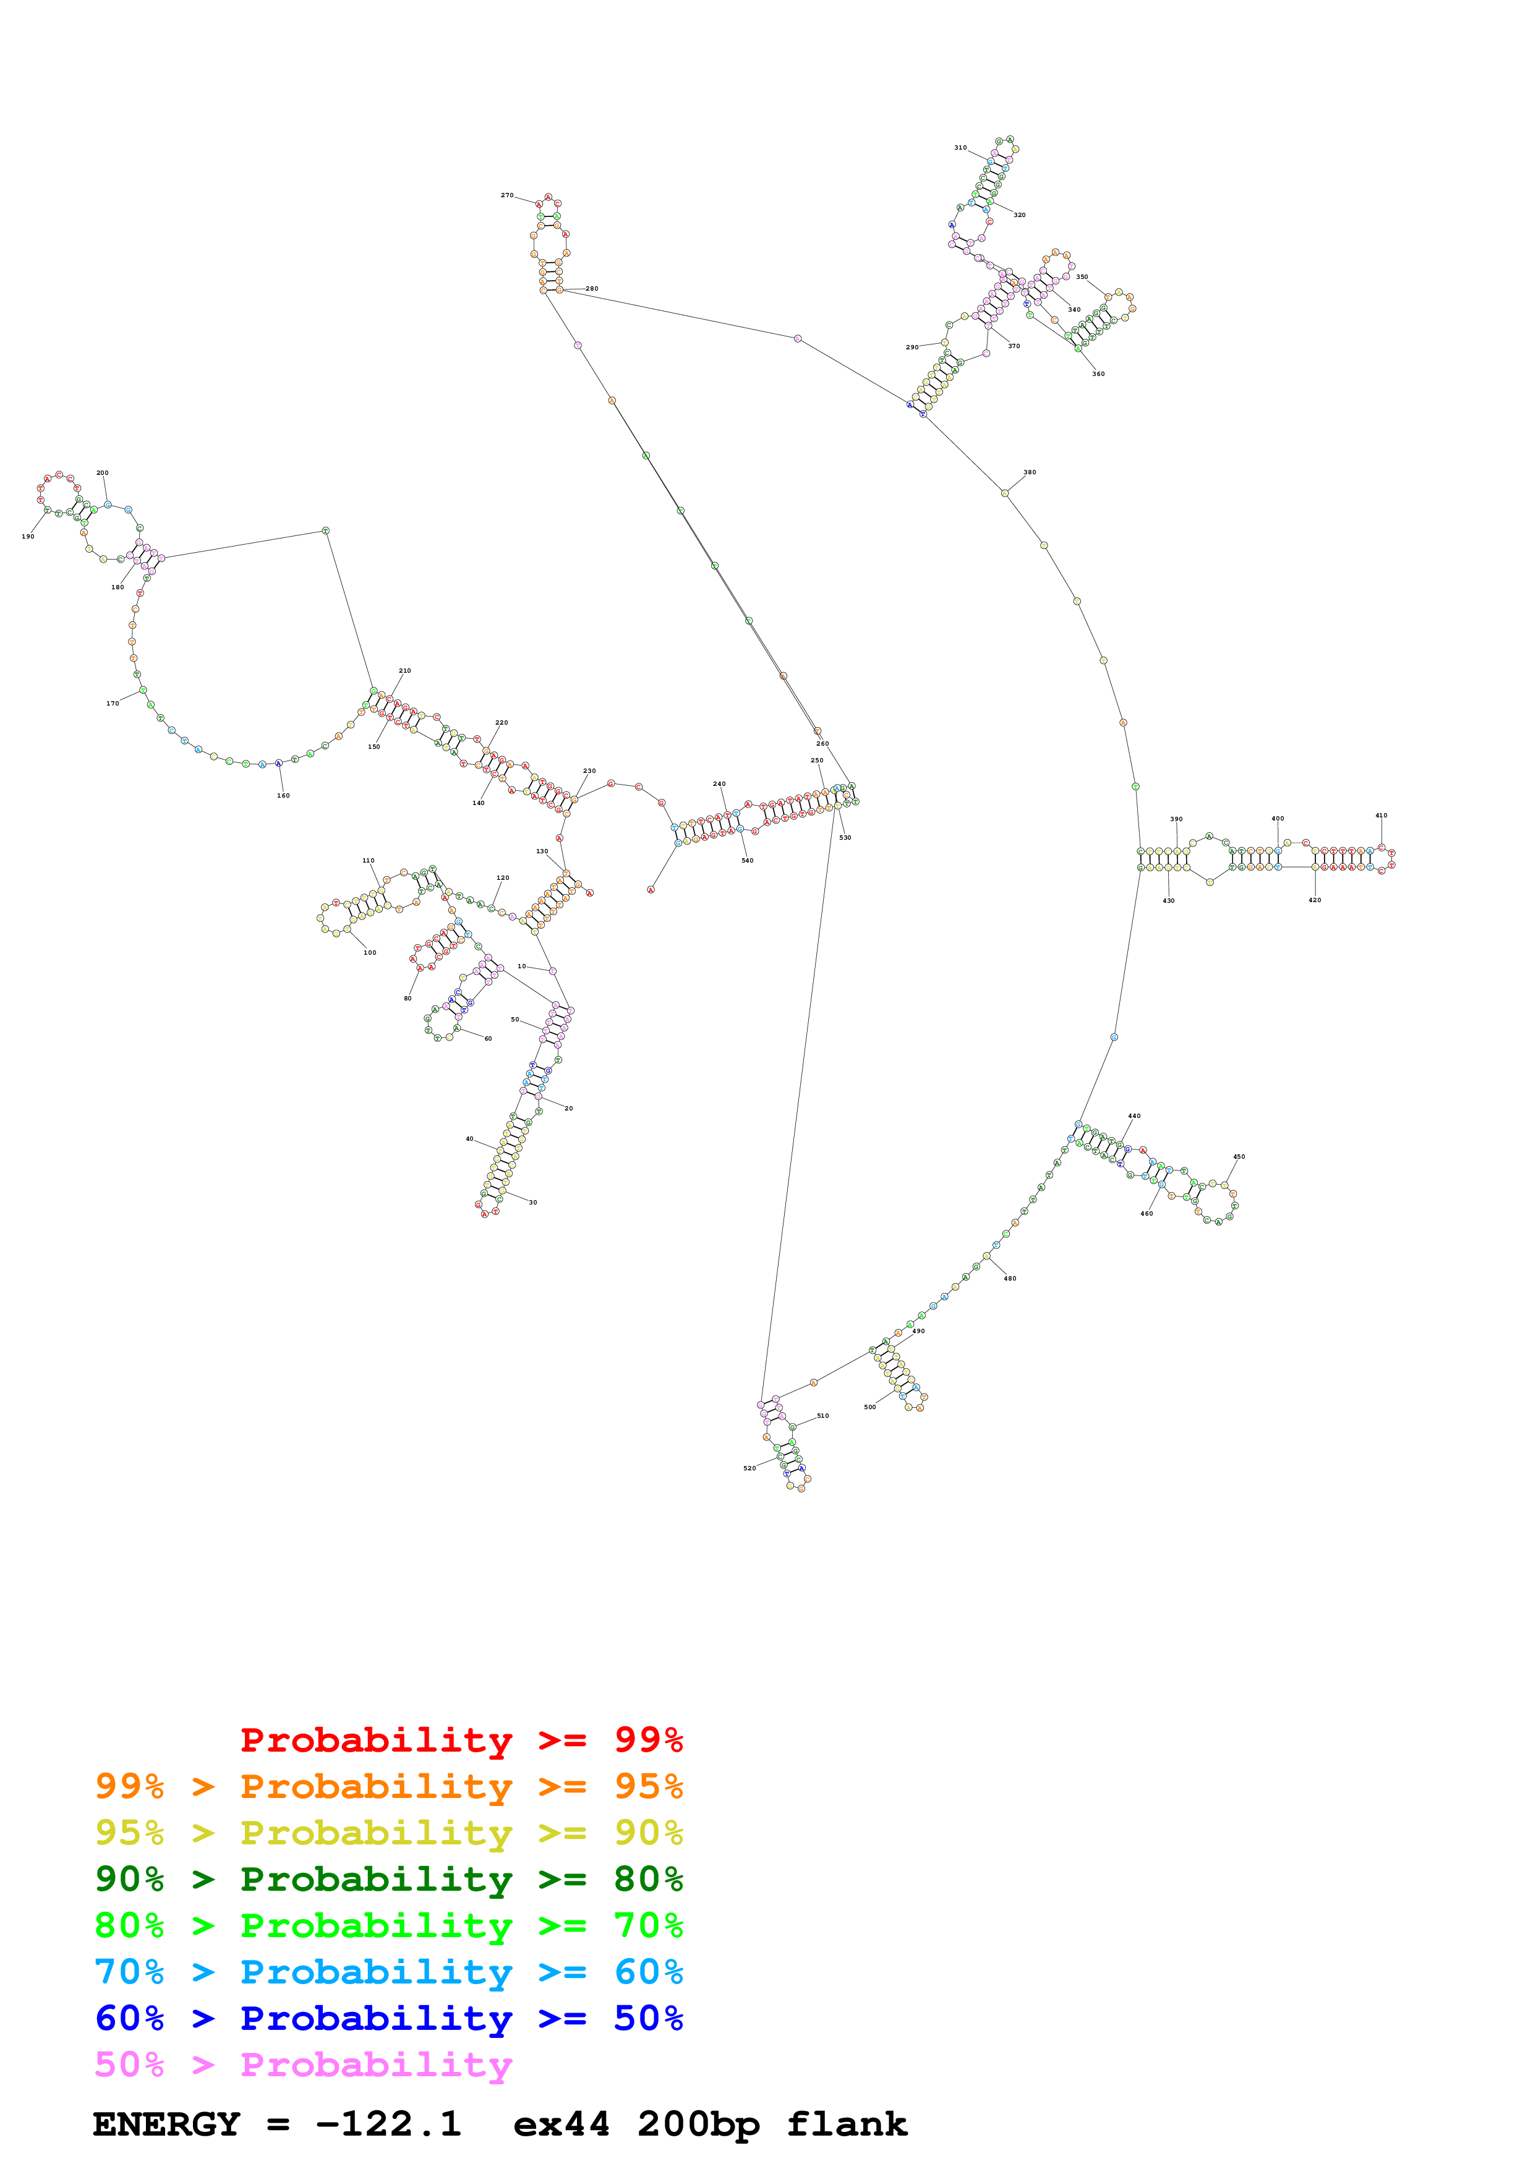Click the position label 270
(506, 195)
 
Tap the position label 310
(960, 148)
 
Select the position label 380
(1030, 472)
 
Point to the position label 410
(1381, 816)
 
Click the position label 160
(283, 795)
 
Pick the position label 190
(28, 537)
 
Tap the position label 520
(749, 1468)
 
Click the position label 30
(532, 1203)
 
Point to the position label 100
(370, 952)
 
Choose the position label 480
(1010, 1278)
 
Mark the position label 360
(1098, 374)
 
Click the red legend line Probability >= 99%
(461, 1740)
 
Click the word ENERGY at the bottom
(166, 2124)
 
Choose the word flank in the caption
(847, 2124)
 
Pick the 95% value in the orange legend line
(648, 1786)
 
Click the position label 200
(102, 473)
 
